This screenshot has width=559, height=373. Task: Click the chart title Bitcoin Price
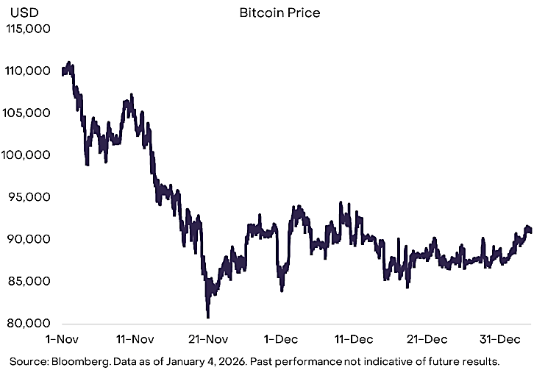click(279, 13)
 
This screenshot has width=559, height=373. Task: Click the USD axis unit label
click(24, 13)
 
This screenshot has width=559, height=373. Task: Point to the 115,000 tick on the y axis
click(28, 29)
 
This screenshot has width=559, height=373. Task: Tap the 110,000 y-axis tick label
click(27, 71)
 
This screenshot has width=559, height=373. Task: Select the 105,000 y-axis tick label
click(26, 113)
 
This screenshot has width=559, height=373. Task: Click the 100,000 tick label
click(26, 154)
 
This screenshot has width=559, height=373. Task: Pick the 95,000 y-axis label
click(29, 197)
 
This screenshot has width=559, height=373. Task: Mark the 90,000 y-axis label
click(29, 239)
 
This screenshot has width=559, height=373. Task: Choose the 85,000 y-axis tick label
click(29, 281)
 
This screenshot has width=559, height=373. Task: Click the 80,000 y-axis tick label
click(29, 323)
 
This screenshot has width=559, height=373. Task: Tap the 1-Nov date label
click(62, 339)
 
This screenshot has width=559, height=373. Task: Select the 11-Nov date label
click(135, 339)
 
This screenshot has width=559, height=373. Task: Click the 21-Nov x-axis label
click(208, 339)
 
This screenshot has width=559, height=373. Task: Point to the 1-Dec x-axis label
click(281, 339)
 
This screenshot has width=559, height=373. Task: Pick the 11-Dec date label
click(354, 339)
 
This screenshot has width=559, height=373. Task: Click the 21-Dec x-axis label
click(427, 339)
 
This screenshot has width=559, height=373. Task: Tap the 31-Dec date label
click(500, 339)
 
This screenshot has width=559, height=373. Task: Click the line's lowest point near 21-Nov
click(208, 316)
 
